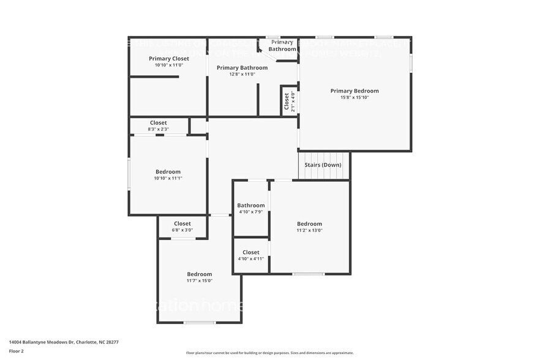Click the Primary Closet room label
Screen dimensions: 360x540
[168, 59]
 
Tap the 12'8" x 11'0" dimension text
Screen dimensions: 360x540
[241, 74]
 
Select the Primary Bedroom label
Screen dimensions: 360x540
[354, 91]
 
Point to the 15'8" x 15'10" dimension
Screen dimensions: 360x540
[354, 97]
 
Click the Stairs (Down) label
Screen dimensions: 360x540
[323, 165]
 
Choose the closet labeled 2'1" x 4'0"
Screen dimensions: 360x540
[286, 101]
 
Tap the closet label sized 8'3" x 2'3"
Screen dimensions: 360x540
[158, 123]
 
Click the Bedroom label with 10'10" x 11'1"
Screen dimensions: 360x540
[168, 172]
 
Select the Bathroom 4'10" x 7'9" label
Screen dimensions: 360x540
[251, 206]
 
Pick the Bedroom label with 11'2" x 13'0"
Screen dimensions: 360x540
[309, 224]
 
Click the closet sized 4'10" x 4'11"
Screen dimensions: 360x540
[251, 252]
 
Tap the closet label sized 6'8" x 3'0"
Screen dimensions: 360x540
[182, 223]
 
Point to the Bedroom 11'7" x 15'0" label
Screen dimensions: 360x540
[200, 274]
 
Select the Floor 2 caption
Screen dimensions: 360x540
[17, 351]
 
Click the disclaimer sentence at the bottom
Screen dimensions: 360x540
[269, 353]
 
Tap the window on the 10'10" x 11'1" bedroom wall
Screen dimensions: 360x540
[129, 173]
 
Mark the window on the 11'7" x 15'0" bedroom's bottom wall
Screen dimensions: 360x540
[200, 322]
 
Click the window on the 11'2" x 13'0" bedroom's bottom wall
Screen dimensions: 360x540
[308, 274]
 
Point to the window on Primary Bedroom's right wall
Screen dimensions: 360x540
[411, 62]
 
